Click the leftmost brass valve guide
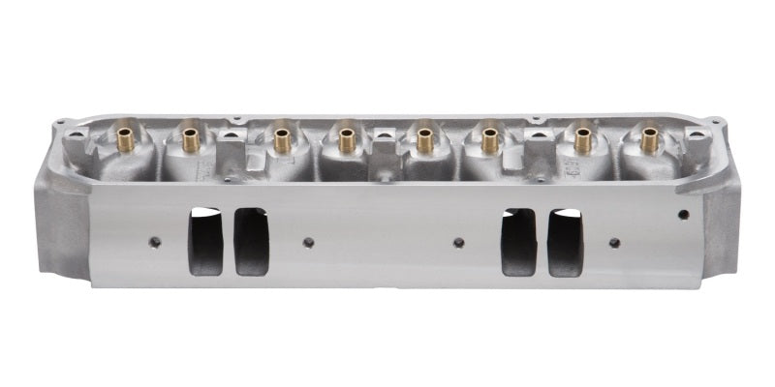125,140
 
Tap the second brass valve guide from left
190,141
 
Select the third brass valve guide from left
282,141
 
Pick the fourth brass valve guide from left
346,141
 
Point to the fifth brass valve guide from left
424,141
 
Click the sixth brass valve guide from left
489,141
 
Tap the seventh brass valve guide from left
582,141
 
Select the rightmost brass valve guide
646,141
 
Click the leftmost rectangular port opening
205,241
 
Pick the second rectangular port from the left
252,241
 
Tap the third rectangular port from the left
518,241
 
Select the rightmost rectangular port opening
566,241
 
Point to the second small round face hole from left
308,242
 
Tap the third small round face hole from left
458,242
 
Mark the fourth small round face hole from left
614,242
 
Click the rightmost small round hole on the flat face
684,214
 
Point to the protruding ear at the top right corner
715,123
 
